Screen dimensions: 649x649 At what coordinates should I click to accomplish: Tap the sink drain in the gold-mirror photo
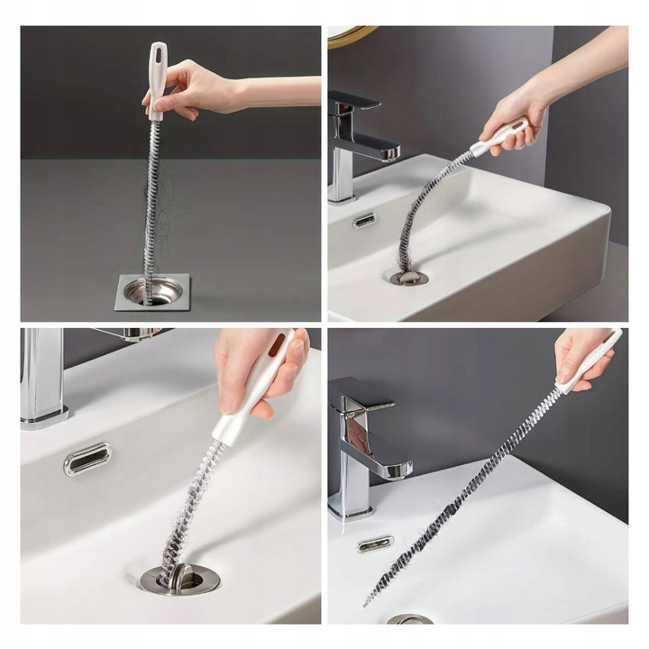tap(408, 277)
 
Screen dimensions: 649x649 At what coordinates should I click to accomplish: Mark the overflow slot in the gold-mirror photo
tap(364, 220)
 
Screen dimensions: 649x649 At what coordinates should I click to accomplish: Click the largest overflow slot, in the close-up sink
tap(87, 459)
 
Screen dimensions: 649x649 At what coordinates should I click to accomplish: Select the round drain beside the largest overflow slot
tap(180, 578)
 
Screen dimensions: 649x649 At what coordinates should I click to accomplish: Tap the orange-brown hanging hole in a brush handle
tap(276, 343)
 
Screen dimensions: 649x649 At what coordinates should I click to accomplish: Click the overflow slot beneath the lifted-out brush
tap(375, 544)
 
